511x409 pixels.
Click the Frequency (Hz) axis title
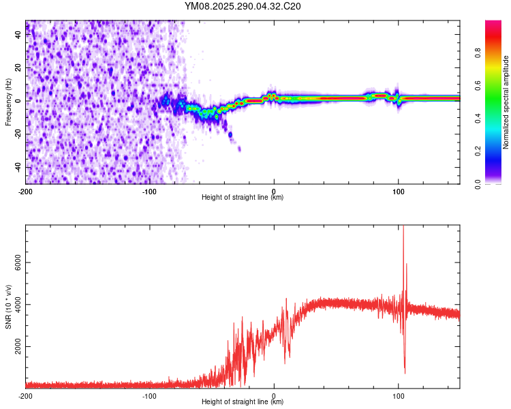click(x=7, y=102)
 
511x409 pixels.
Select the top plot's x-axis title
click(x=243, y=197)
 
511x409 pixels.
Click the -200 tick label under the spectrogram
click(x=26, y=191)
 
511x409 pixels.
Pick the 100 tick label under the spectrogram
click(x=399, y=191)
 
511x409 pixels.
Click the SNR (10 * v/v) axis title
click(x=7, y=307)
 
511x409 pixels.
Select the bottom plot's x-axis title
click(x=243, y=402)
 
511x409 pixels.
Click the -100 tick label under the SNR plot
click(x=149, y=395)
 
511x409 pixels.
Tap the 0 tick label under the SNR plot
click(x=274, y=395)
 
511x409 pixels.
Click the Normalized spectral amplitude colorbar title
click(x=506, y=102)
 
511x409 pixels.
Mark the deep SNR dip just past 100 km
click(x=405, y=372)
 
